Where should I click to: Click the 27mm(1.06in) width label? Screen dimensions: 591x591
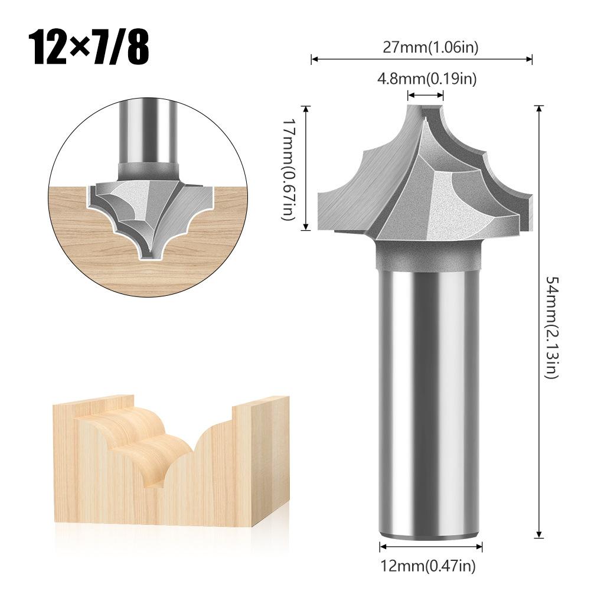(x=422, y=48)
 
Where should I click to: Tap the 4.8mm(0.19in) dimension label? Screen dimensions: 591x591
(x=427, y=78)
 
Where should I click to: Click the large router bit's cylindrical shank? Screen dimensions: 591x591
(x=429, y=401)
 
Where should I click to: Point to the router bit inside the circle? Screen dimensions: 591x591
(x=148, y=207)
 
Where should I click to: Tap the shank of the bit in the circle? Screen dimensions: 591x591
(x=148, y=130)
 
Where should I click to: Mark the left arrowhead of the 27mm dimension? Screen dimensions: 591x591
(x=314, y=59)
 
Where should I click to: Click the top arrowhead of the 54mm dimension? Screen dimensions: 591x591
(x=538, y=108)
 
